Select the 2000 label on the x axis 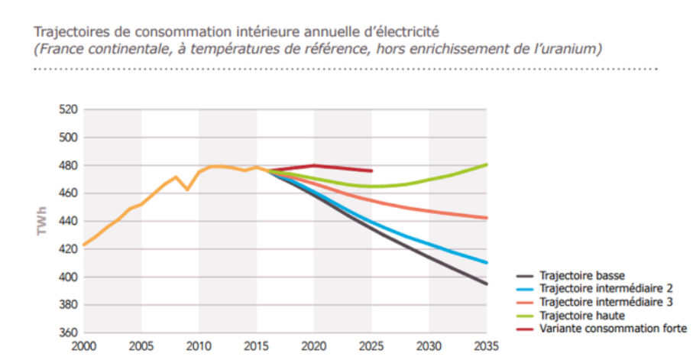point(83,346)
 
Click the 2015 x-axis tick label point(256,346)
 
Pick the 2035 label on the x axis point(485,346)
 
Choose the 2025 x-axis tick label point(371,346)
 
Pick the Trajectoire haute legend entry point(580,316)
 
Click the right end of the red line point(371,170)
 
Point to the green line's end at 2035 point(486,164)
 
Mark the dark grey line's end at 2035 point(486,284)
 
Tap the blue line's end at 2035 point(486,263)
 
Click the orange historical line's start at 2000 point(83,245)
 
